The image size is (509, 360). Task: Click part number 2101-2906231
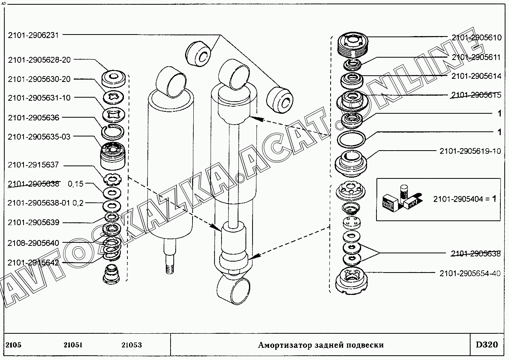(33, 35)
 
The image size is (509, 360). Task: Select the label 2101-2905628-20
(39, 60)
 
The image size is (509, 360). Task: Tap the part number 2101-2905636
(33, 118)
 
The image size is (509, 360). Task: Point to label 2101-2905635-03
(39, 136)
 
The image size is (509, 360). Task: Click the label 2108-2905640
(33, 243)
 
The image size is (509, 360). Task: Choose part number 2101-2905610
(476, 38)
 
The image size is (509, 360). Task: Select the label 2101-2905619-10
(470, 151)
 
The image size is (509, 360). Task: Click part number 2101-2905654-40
(470, 273)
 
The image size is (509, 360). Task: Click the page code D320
(487, 345)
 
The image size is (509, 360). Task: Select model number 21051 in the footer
(73, 345)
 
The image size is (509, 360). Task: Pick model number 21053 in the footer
(132, 345)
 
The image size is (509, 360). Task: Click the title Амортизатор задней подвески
(320, 345)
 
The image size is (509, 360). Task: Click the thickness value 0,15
(76, 184)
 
